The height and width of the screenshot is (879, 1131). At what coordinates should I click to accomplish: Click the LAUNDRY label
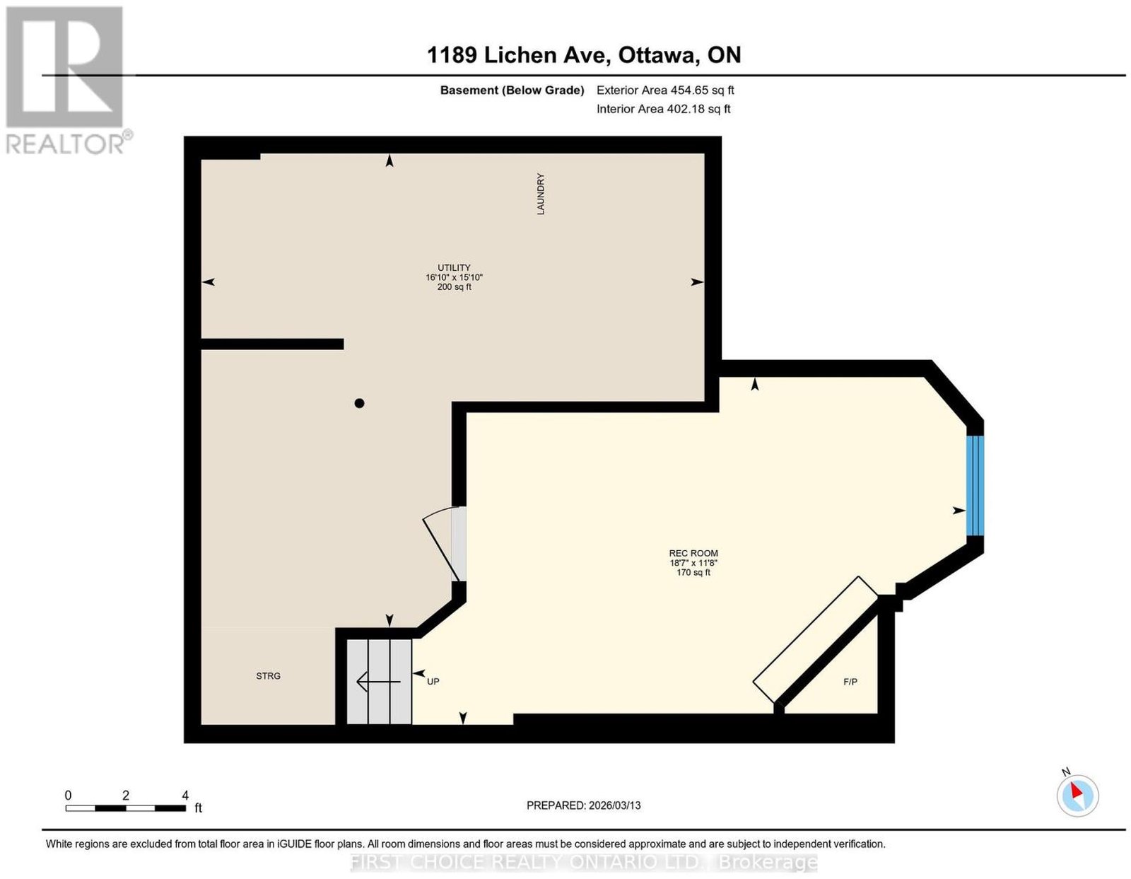point(540,194)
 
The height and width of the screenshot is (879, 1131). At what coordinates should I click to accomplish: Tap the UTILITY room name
point(454,267)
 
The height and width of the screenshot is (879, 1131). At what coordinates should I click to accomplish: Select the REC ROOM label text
point(693,553)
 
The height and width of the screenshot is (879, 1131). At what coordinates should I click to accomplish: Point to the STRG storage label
point(268,676)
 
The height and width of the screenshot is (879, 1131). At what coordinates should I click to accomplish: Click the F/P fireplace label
point(850,682)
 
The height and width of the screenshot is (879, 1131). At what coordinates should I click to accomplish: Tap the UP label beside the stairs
point(433,681)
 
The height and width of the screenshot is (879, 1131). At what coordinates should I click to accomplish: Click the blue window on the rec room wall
point(975,486)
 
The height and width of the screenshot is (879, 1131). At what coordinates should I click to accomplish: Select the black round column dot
point(359,403)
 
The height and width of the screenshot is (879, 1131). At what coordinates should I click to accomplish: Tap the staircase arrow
point(378,681)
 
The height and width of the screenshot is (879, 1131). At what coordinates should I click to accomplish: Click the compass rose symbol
point(1077,796)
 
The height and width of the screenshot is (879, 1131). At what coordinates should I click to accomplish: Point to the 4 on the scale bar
point(185,796)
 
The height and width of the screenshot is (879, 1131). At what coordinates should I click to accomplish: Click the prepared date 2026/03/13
point(615,805)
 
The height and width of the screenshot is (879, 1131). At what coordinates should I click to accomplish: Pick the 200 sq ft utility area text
point(454,287)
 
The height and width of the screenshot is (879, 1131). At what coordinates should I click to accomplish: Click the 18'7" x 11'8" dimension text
point(693,563)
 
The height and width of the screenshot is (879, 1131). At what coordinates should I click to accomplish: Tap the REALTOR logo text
point(66,144)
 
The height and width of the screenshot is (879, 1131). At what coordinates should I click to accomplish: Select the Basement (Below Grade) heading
point(512,90)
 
